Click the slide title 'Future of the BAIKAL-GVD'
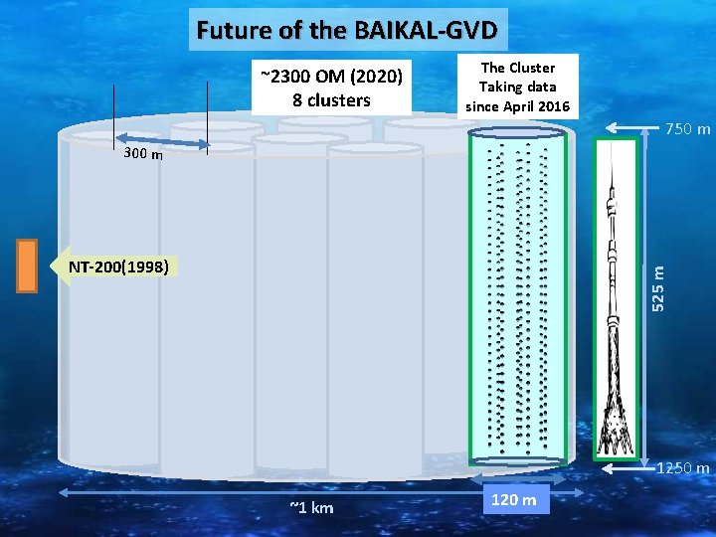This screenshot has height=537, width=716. click(350, 30)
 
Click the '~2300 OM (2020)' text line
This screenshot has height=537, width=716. click(330, 77)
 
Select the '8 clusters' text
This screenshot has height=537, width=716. click(331, 99)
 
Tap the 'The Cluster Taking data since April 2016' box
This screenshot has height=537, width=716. click(518, 87)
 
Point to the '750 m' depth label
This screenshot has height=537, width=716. click(687, 129)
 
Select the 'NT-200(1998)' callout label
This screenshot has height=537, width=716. click(118, 267)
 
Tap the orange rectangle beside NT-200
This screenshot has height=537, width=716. click(26, 266)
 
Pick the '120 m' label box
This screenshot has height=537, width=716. click(514, 499)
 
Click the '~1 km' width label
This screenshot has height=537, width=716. click(311, 508)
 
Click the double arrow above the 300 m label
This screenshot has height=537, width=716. click(161, 142)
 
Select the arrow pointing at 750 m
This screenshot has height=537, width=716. click(636, 127)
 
